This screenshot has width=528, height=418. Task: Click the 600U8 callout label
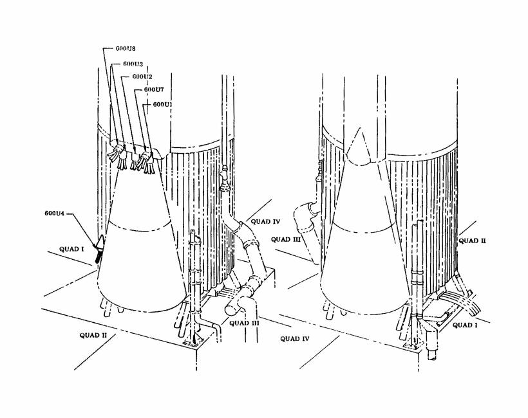coord(116,48)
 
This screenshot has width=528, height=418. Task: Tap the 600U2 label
coord(142,77)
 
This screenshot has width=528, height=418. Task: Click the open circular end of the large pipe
coord(231,307)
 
